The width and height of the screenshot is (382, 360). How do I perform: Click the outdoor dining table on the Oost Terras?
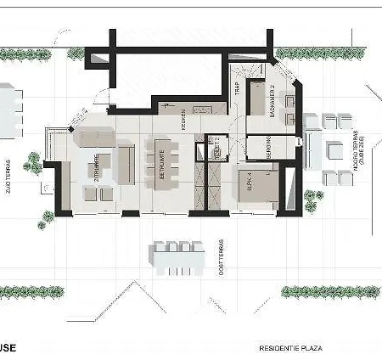pyautogui.click(x=177, y=259)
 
